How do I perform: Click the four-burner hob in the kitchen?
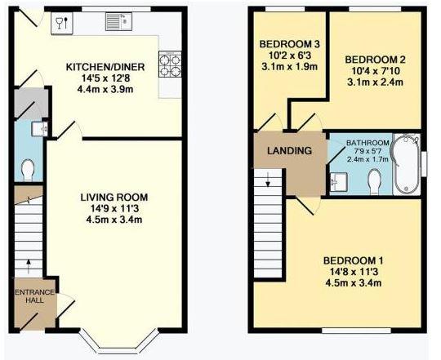[x=170, y=64]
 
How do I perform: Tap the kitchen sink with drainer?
[x=118, y=21]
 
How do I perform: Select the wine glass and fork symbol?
[x=62, y=23]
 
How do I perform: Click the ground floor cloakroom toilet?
[x=28, y=170]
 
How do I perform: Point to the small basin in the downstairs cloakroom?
[x=39, y=129]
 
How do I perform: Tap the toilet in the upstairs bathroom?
[x=374, y=180]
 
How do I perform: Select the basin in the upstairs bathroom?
[x=339, y=180]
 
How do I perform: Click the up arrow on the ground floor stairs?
[x=28, y=266]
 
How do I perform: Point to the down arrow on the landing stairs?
[x=268, y=180]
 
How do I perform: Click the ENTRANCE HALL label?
[x=34, y=296]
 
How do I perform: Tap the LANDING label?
[x=289, y=151]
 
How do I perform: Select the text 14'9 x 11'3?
[x=114, y=208]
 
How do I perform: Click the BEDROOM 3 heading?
[x=289, y=44]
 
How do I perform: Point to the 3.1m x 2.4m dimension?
[x=375, y=82]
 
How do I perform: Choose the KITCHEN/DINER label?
[x=105, y=67]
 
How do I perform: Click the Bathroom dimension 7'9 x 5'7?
[x=367, y=151]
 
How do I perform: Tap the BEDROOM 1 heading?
[x=353, y=260]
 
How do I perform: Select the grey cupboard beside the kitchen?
[x=31, y=104]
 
